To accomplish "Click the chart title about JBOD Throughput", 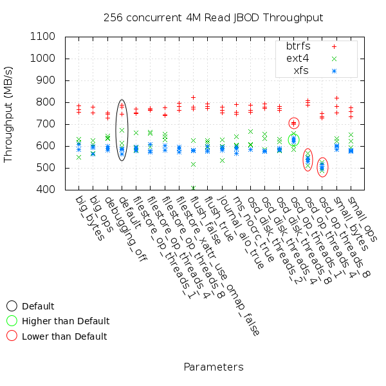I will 213,17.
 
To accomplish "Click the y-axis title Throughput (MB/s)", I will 9,113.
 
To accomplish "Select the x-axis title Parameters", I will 213,367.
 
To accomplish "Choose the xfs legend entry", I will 300,70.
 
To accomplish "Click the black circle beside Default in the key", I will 12,306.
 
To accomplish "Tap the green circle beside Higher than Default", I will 12,320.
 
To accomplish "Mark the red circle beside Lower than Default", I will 12,336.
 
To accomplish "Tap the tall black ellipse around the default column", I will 122,130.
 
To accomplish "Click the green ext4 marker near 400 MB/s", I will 193,188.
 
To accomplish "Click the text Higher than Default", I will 66,321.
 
